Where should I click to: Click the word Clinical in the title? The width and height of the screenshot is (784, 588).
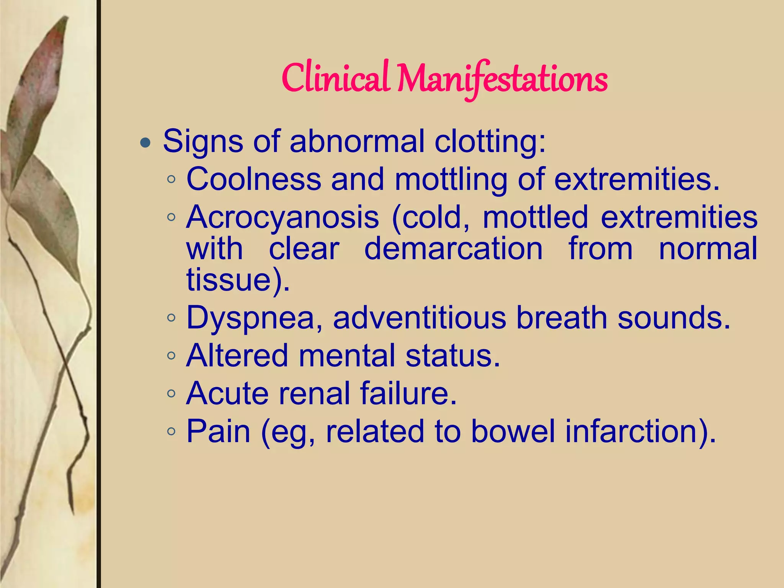335,78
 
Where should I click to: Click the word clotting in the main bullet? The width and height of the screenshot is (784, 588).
490,141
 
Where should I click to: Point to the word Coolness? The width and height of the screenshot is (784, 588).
253,179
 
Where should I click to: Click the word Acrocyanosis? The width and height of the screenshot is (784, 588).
283,217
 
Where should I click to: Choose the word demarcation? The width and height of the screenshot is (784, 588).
453,248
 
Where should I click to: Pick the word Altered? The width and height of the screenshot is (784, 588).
237,355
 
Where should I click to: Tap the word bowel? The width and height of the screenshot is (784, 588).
513,431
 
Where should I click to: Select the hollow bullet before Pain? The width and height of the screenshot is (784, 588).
171,432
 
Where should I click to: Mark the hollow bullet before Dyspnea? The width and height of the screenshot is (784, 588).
171,318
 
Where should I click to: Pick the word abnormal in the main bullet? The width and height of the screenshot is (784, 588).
357,141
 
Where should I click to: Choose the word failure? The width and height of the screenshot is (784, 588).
408,393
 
